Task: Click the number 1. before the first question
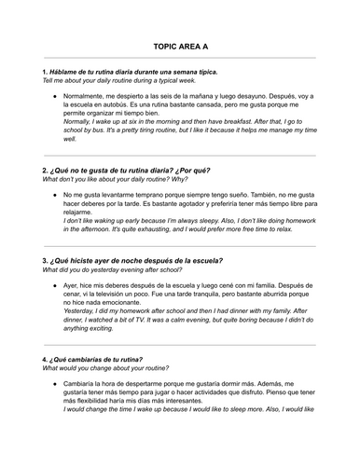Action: pyautogui.click(x=46, y=72)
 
